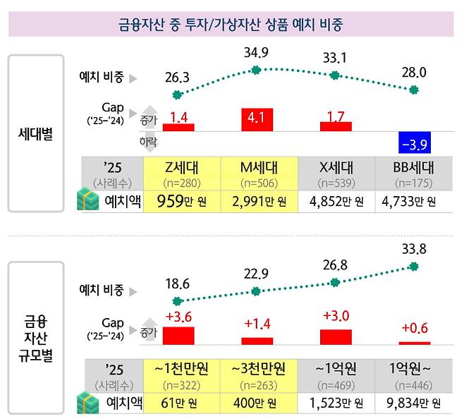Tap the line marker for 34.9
(257, 70)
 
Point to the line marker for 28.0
(414, 90)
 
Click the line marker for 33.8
(414, 266)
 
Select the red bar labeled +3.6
(178, 335)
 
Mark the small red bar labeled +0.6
(414, 343)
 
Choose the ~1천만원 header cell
(181, 374)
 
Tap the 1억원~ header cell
(414, 374)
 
